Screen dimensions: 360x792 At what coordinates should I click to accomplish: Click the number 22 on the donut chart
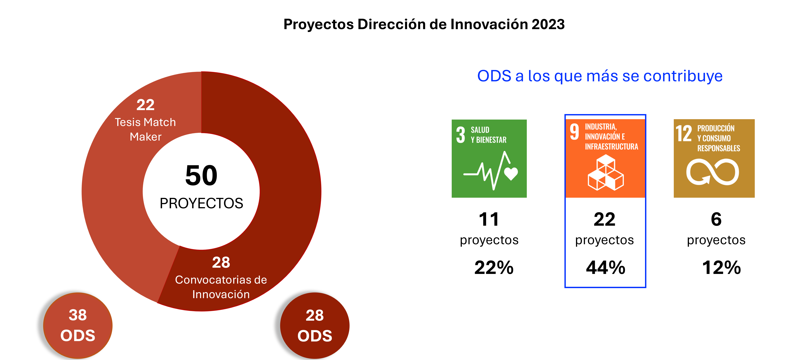145,105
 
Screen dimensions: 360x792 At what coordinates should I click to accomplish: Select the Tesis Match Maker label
145,129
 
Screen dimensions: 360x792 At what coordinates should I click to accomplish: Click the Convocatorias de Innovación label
221,287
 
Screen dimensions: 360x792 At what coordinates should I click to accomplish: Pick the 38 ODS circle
78,325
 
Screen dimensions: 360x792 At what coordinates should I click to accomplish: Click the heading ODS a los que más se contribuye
600,76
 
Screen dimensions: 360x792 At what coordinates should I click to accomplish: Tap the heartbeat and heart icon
491,171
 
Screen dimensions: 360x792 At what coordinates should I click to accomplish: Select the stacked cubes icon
605,173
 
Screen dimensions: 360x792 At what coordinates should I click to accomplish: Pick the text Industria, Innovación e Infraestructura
611,137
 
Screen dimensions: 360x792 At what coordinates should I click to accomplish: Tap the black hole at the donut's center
201,191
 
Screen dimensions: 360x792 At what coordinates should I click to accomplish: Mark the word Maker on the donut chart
145,137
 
